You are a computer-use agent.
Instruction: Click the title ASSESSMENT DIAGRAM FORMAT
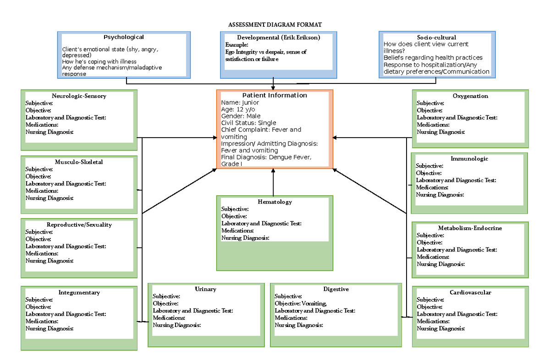[275, 24]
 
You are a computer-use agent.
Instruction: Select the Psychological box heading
[123, 37]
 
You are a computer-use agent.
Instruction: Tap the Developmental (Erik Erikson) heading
[278, 38]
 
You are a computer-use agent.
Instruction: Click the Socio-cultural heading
[436, 38]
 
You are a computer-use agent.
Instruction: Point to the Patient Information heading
[275, 95]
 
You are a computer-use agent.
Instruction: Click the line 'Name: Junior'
[240, 103]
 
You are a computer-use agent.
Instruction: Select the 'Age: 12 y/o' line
[238, 110]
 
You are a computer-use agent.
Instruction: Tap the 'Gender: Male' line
[241, 116]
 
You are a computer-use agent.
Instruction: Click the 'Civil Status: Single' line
[248, 123]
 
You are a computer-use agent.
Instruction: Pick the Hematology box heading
[275, 202]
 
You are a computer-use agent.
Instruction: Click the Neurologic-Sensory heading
[79, 96]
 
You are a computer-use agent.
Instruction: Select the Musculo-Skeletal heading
[79, 162]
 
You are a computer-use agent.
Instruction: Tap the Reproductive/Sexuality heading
[79, 225]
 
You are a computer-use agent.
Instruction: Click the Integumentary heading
[79, 293]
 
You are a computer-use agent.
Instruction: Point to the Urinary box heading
[205, 289]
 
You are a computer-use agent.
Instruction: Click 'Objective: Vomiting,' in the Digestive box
[301, 304]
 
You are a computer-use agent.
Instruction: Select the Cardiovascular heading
[470, 293]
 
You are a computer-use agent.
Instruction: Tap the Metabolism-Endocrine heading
[470, 228]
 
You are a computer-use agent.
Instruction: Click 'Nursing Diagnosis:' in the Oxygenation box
[440, 132]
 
